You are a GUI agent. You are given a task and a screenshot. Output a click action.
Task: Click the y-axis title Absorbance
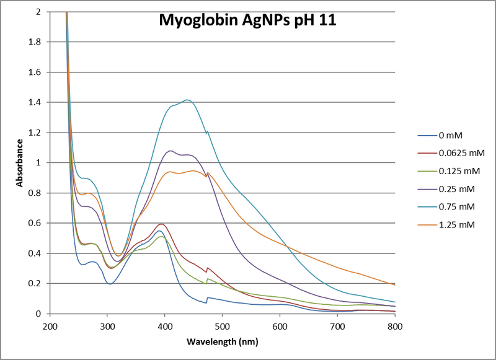pyautogui.click(x=20, y=163)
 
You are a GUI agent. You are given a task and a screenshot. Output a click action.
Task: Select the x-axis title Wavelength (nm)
pyautogui.click(x=222, y=341)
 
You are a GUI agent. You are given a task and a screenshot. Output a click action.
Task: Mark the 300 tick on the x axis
pyautogui.click(x=107, y=325)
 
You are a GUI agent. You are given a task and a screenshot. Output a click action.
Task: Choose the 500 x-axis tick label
pyautogui.click(x=223, y=325)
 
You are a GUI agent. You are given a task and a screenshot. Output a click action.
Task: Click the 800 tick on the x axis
pyautogui.click(x=395, y=325)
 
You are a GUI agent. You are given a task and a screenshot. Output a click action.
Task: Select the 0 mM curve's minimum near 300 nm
pyautogui.click(x=110, y=284)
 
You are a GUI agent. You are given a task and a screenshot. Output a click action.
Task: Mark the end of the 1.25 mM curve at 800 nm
pyautogui.click(x=395, y=285)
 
